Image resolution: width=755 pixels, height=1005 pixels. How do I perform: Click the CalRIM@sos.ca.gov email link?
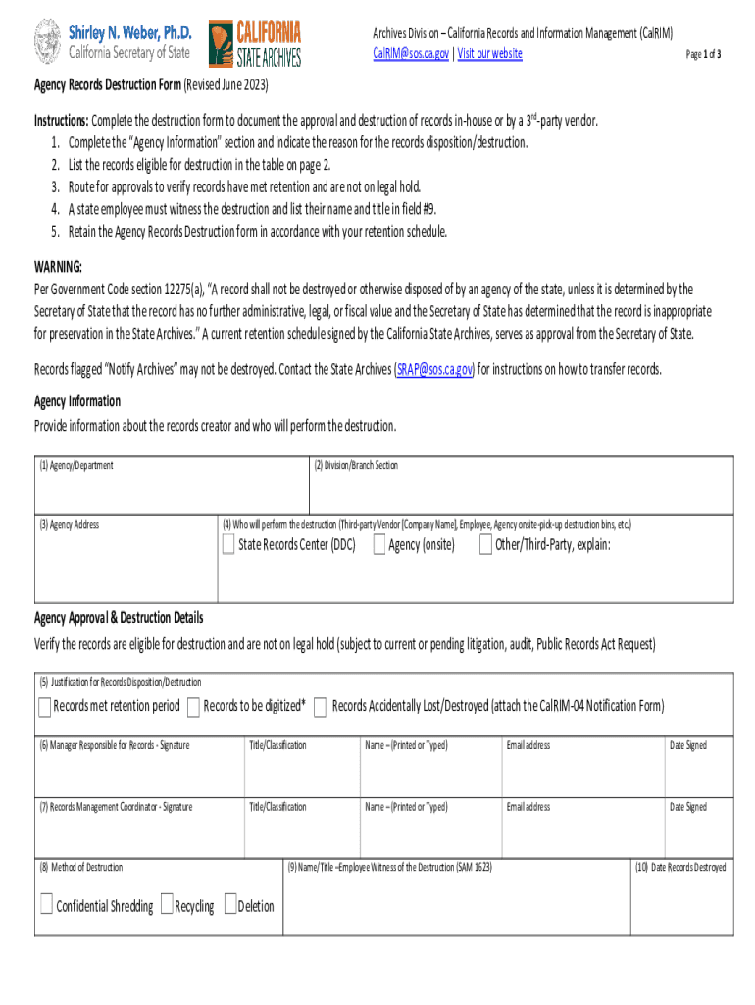[411, 53]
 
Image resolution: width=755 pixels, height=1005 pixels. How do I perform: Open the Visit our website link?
[489, 53]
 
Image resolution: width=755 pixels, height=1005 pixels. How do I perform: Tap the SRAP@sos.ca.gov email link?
[434, 370]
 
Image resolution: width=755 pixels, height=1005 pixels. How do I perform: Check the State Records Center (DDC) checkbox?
[228, 545]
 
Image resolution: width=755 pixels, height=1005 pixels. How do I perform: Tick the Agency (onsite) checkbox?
[378, 545]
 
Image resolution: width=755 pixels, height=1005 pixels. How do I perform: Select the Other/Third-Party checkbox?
[485, 545]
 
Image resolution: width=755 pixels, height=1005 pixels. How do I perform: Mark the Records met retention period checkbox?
[45, 707]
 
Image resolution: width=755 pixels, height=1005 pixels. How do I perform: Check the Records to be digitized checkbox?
[194, 707]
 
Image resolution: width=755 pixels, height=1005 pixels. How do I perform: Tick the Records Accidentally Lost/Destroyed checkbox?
[321, 707]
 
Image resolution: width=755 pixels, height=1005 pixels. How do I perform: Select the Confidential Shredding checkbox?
[46, 905]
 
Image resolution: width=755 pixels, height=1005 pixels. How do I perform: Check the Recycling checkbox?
[167, 905]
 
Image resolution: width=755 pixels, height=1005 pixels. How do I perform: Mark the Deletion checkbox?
[230, 905]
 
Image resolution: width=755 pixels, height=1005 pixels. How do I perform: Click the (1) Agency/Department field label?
[76, 465]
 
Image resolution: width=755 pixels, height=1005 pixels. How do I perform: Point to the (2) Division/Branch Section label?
[356, 465]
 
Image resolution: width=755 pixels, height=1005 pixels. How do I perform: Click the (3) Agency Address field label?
[69, 524]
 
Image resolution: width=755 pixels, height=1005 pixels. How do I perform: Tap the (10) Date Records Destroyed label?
[681, 868]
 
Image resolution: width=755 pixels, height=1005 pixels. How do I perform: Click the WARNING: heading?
[59, 267]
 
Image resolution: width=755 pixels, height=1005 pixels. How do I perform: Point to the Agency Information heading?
[77, 401]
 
